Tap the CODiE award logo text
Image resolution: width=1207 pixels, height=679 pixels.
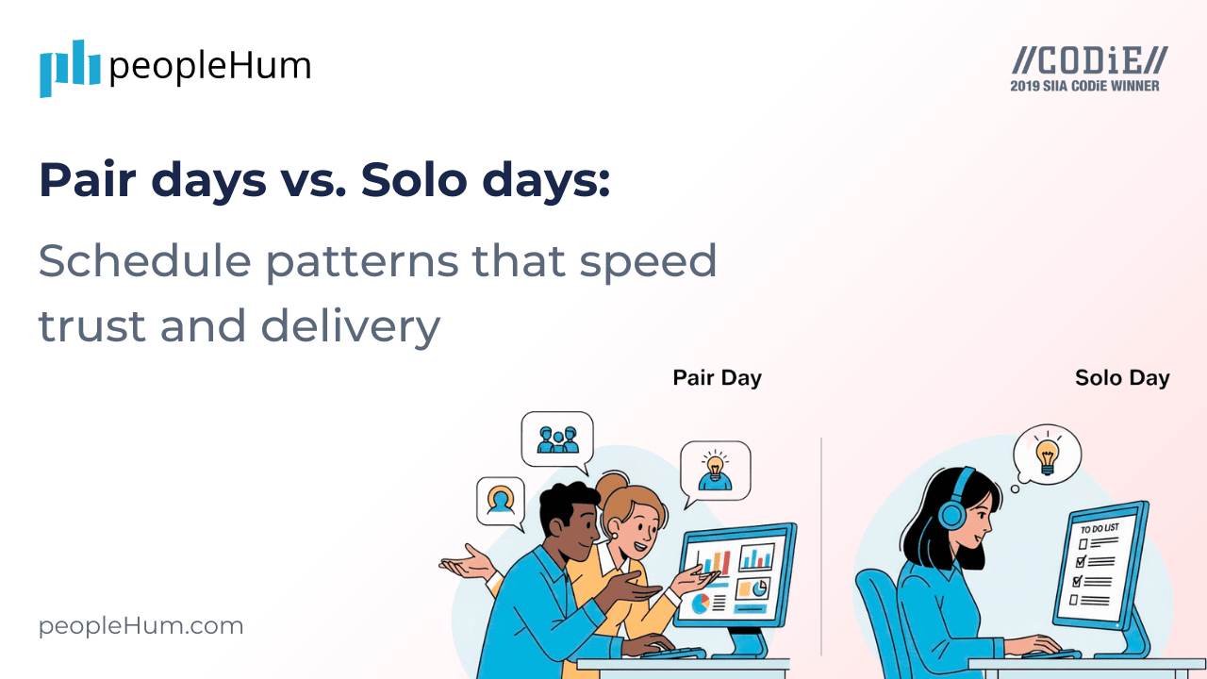1089,61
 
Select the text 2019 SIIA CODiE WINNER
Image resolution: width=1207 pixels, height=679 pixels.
1084,86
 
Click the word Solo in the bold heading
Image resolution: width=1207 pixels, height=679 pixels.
400,180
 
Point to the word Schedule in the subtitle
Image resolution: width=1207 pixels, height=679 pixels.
131,260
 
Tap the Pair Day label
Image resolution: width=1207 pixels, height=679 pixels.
717,378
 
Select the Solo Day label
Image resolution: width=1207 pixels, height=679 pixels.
1122,378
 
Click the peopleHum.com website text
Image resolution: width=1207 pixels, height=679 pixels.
141,626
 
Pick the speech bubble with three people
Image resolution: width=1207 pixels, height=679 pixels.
557,439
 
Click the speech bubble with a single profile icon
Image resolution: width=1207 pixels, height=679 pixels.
500,500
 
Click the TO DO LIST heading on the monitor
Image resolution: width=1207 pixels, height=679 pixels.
1100,528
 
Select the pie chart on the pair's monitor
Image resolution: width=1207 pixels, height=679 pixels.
701,604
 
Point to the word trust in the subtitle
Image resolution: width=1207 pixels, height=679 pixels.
92,326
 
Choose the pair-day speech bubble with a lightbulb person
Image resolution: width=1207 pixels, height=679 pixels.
716,469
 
